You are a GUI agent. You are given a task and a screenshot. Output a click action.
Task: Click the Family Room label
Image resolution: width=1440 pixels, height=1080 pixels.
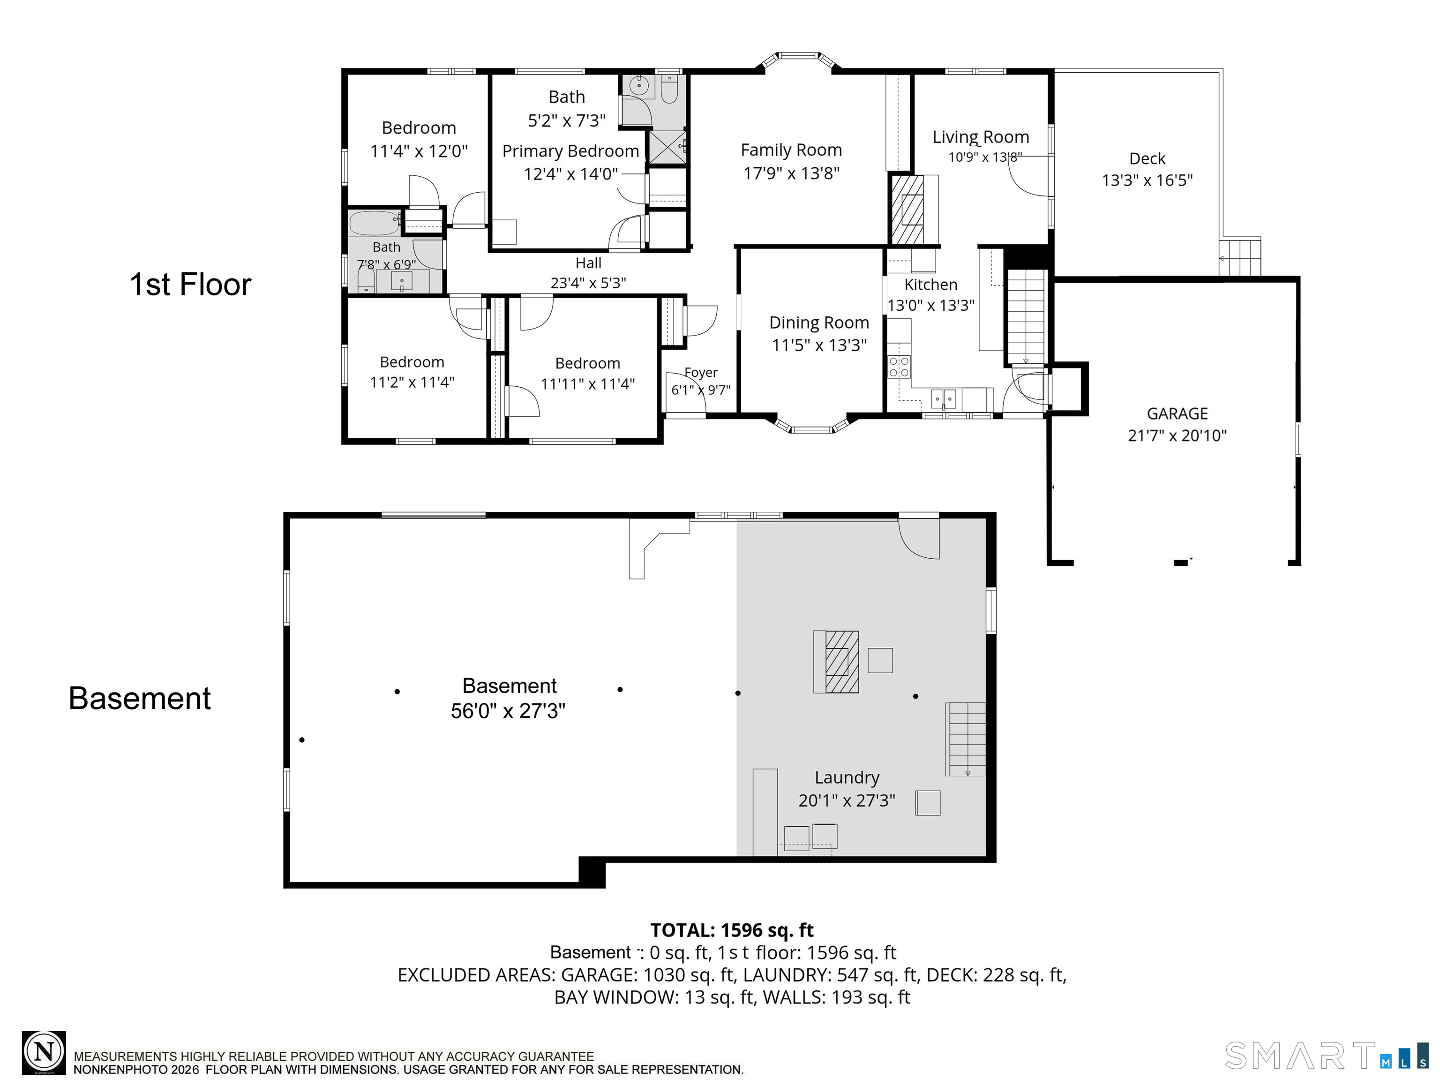(x=791, y=150)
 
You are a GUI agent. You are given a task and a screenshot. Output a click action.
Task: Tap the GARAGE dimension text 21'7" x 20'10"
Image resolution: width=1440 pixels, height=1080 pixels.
(x=1177, y=435)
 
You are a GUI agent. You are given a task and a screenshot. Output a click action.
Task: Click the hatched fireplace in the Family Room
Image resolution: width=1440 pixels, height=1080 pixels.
(x=907, y=209)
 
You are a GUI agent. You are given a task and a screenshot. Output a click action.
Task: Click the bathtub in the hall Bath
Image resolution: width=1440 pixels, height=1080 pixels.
(x=375, y=223)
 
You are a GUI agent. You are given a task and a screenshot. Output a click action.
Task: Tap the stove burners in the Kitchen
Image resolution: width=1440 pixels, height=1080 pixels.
(x=899, y=367)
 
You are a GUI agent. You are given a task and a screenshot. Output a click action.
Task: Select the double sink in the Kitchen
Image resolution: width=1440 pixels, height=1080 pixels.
(x=943, y=398)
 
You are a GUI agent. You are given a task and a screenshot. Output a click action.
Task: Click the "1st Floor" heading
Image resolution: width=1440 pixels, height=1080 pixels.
(x=190, y=285)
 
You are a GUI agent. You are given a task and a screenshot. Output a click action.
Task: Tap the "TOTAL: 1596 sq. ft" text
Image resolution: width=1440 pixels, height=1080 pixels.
(x=732, y=930)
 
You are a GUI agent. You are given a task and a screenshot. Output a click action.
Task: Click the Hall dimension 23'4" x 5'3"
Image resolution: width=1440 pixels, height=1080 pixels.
(x=588, y=283)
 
